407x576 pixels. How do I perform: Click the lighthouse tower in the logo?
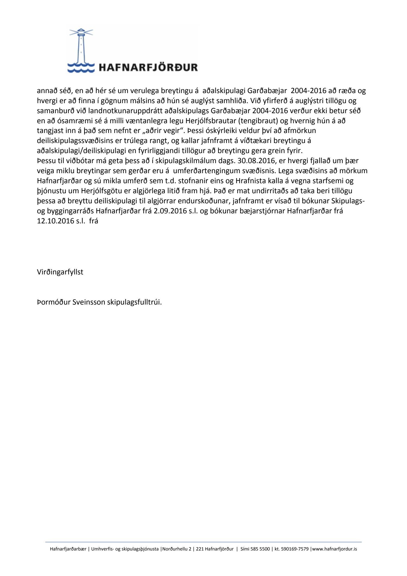pos(81,48)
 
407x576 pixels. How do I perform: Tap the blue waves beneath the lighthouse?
pos(81,68)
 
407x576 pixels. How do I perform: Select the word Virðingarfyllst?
pos(60,272)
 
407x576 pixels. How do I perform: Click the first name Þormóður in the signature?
pos(53,302)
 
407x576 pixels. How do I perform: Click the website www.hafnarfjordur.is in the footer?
pos(335,549)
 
